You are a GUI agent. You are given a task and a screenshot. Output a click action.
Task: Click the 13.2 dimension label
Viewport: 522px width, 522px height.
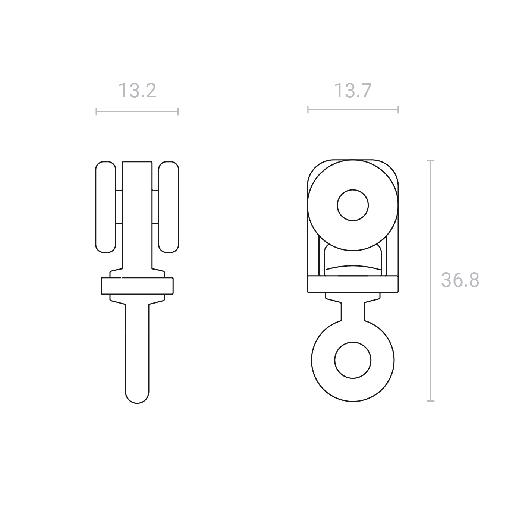137,91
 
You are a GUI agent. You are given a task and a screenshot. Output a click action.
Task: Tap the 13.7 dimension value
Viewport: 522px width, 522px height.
353,91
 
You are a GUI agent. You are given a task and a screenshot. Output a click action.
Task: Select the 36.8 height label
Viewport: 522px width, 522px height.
460,280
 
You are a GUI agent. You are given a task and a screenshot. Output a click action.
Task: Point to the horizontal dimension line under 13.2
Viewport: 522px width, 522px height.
137,111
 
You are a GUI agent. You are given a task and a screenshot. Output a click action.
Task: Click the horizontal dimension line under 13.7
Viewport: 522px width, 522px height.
353,110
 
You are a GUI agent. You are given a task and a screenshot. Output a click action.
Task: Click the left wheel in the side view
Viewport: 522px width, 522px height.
106,207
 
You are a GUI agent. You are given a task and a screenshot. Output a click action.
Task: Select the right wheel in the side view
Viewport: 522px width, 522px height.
169,207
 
